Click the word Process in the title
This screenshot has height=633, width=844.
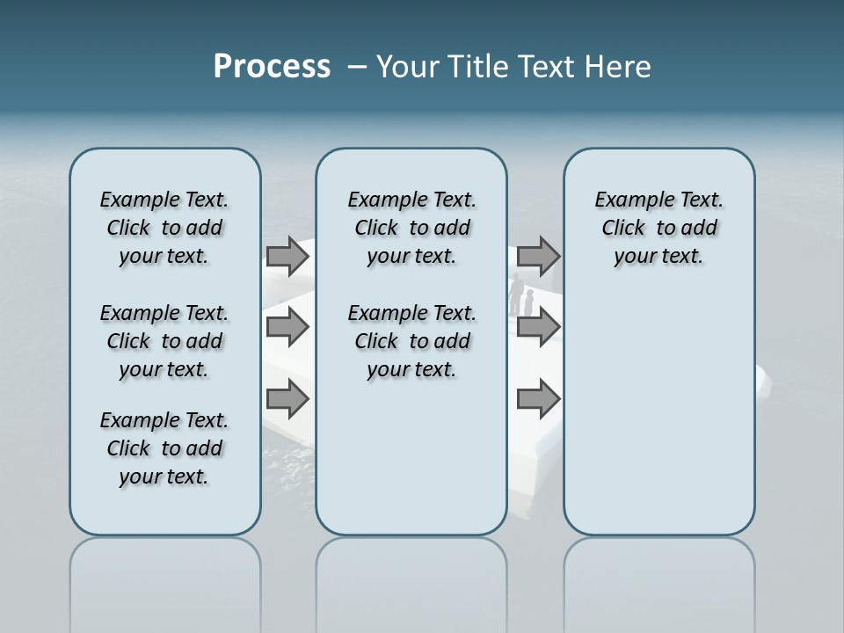point(272,67)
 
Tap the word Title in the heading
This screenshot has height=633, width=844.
point(475,67)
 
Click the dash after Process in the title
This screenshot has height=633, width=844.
point(356,68)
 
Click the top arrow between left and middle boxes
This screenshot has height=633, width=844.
point(287,256)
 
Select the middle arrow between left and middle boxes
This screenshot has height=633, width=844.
point(287,327)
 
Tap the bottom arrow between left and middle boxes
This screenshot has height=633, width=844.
point(287,399)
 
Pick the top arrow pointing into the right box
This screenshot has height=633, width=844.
point(538,256)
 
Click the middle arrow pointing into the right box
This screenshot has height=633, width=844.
point(538,327)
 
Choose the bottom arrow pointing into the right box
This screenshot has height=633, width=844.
point(538,399)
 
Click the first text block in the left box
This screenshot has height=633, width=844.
point(164,228)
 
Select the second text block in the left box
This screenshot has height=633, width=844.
point(164,341)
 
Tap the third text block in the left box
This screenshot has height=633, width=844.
point(164,448)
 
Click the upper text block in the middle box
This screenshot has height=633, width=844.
point(411,228)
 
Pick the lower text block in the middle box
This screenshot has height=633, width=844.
point(411,341)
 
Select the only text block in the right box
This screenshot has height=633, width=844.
point(658,228)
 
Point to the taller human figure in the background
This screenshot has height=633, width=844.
point(517,295)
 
